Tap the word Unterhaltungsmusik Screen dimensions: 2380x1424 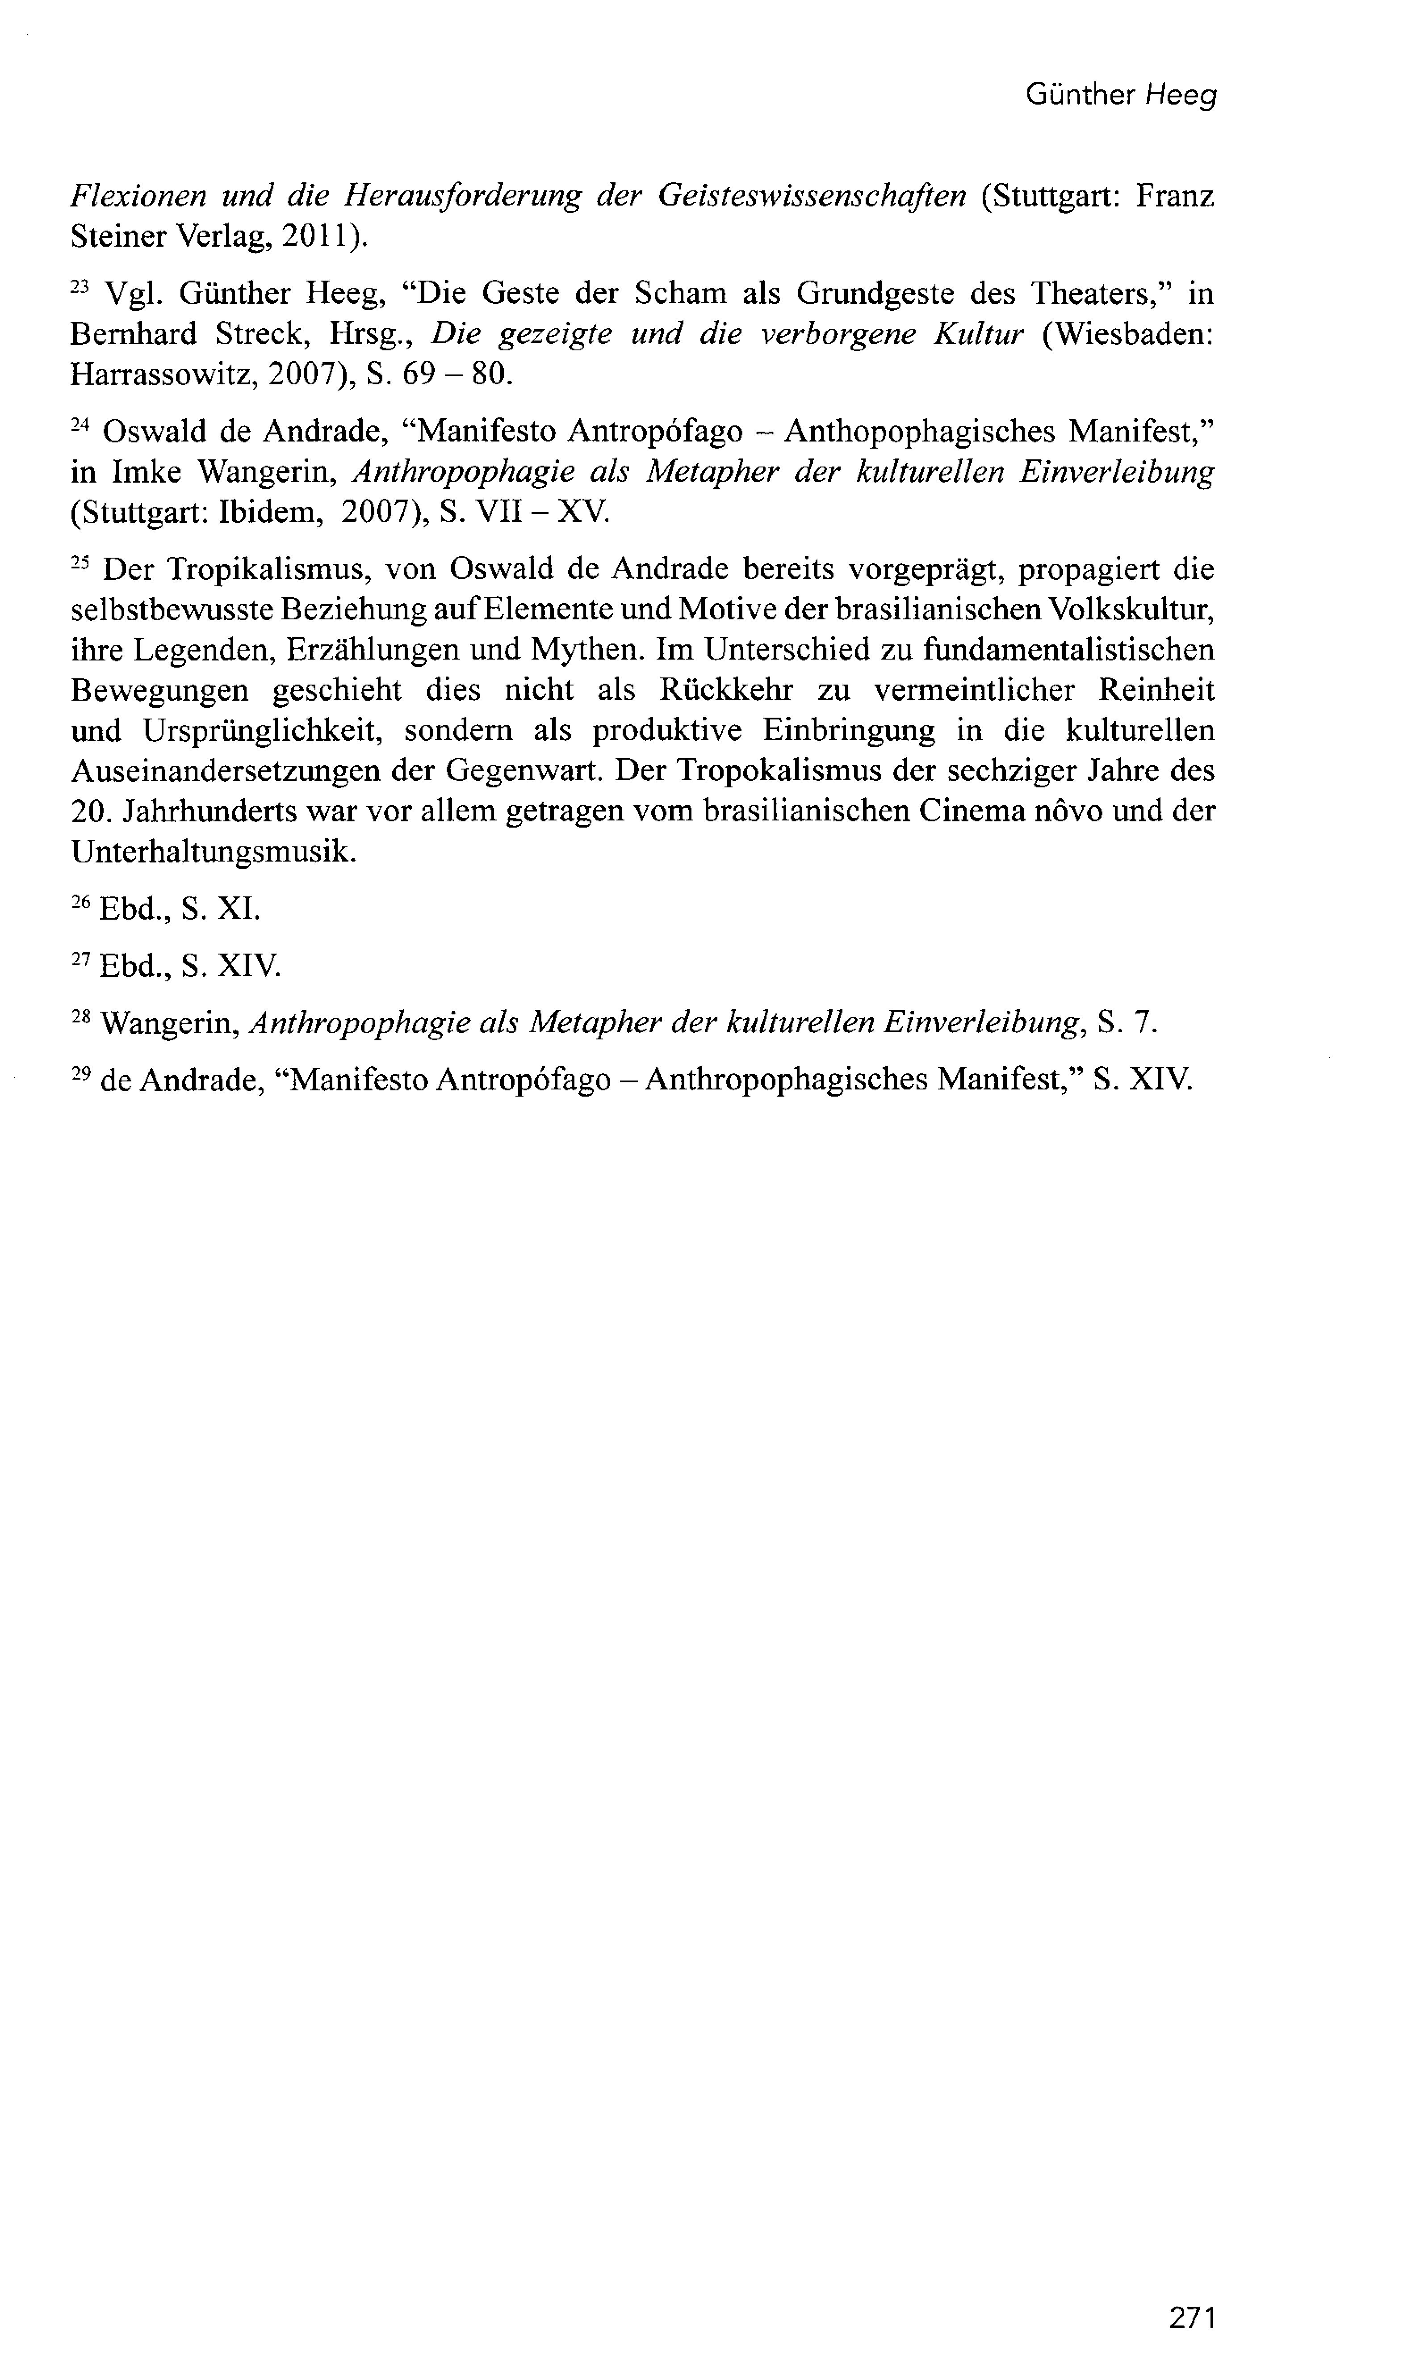(x=213, y=851)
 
